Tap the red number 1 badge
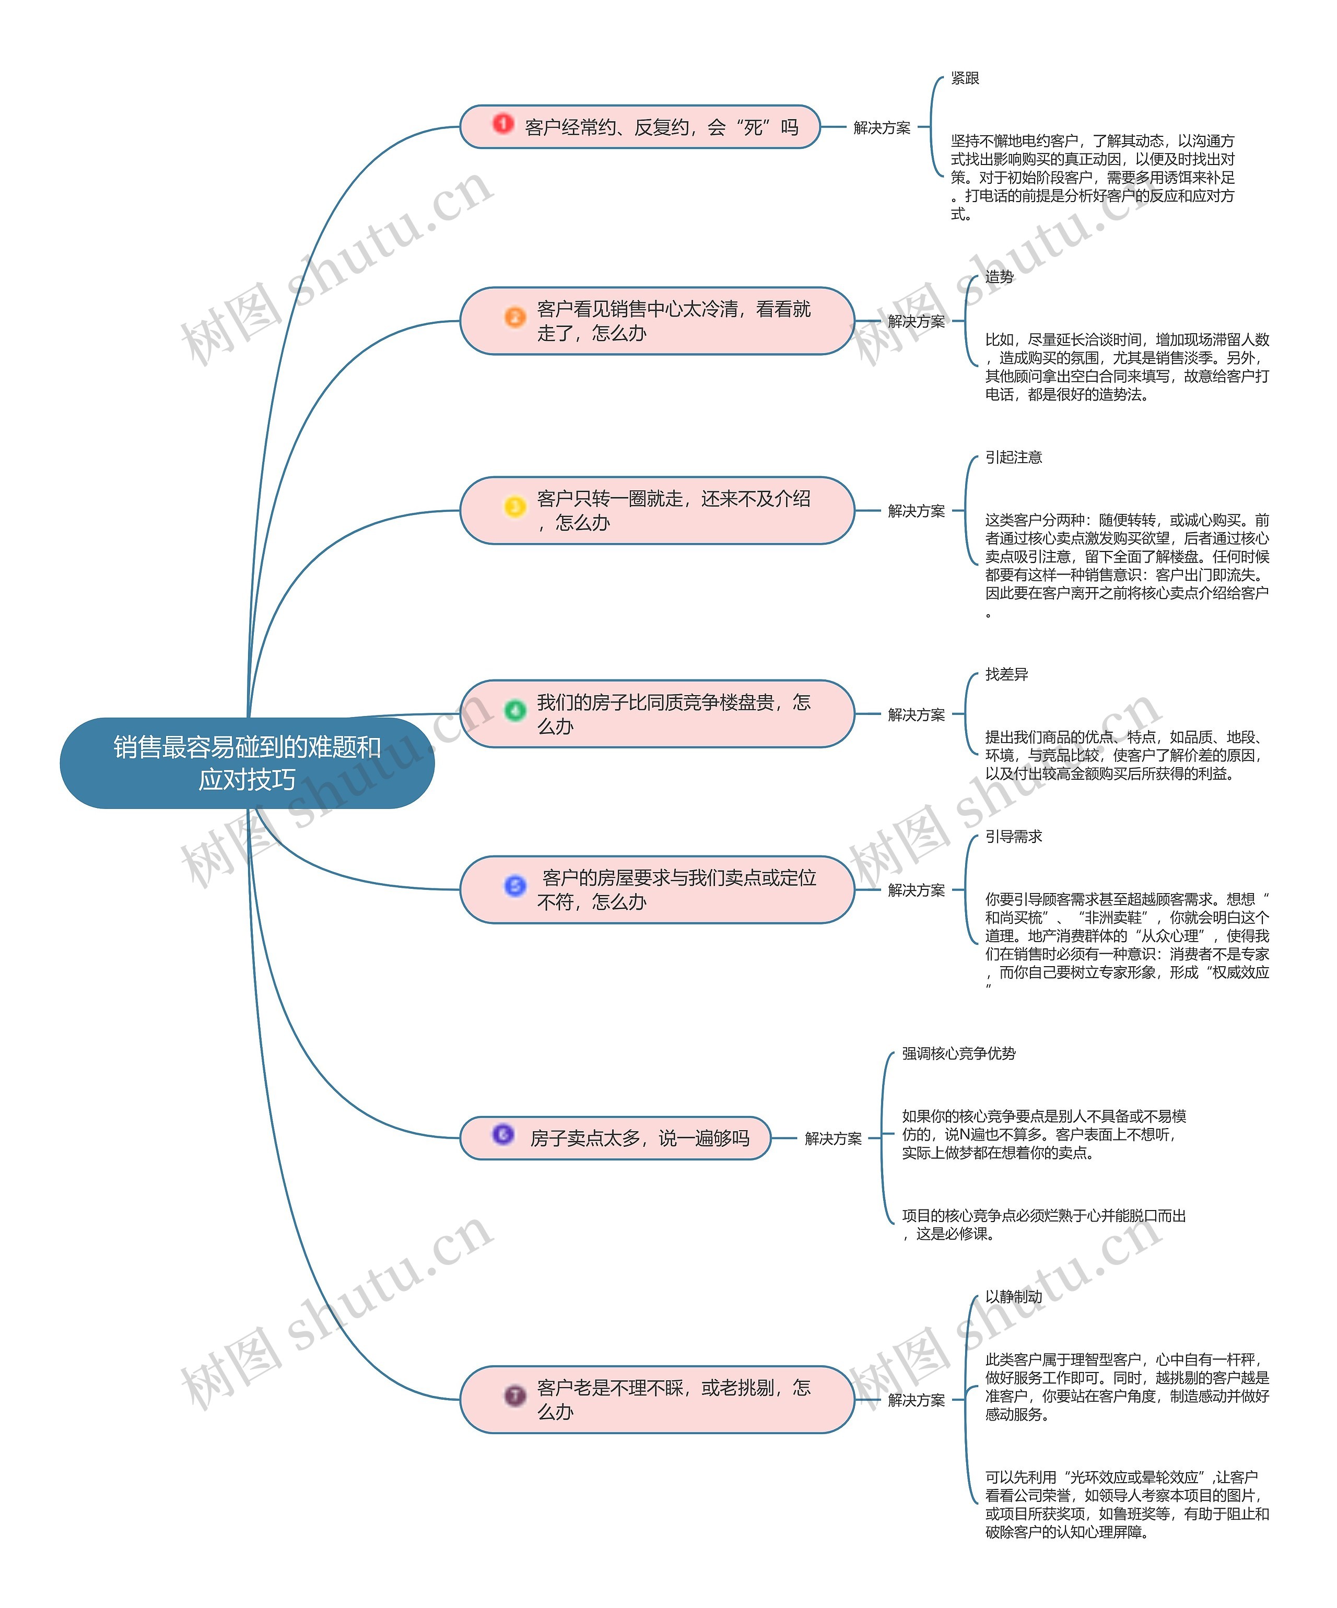coord(503,123)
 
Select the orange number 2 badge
coord(514,317)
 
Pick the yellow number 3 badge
coord(514,506)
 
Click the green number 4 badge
coord(514,710)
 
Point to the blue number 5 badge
coord(514,885)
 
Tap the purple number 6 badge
coord(503,1133)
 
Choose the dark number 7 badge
coord(514,1395)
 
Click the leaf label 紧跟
coord(964,78)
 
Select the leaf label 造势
coord(999,276)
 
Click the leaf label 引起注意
coord(1013,457)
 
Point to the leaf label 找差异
coord(1006,674)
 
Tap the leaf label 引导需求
coord(1013,836)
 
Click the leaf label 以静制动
coord(1013,1296)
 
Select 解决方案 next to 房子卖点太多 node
coord(832,1138)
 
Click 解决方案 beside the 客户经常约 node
coord(882,128)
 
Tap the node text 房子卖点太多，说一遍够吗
coord(639,1138)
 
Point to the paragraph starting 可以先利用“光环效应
coord(1127,1504)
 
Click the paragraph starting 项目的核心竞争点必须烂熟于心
coord(1043,1224)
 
